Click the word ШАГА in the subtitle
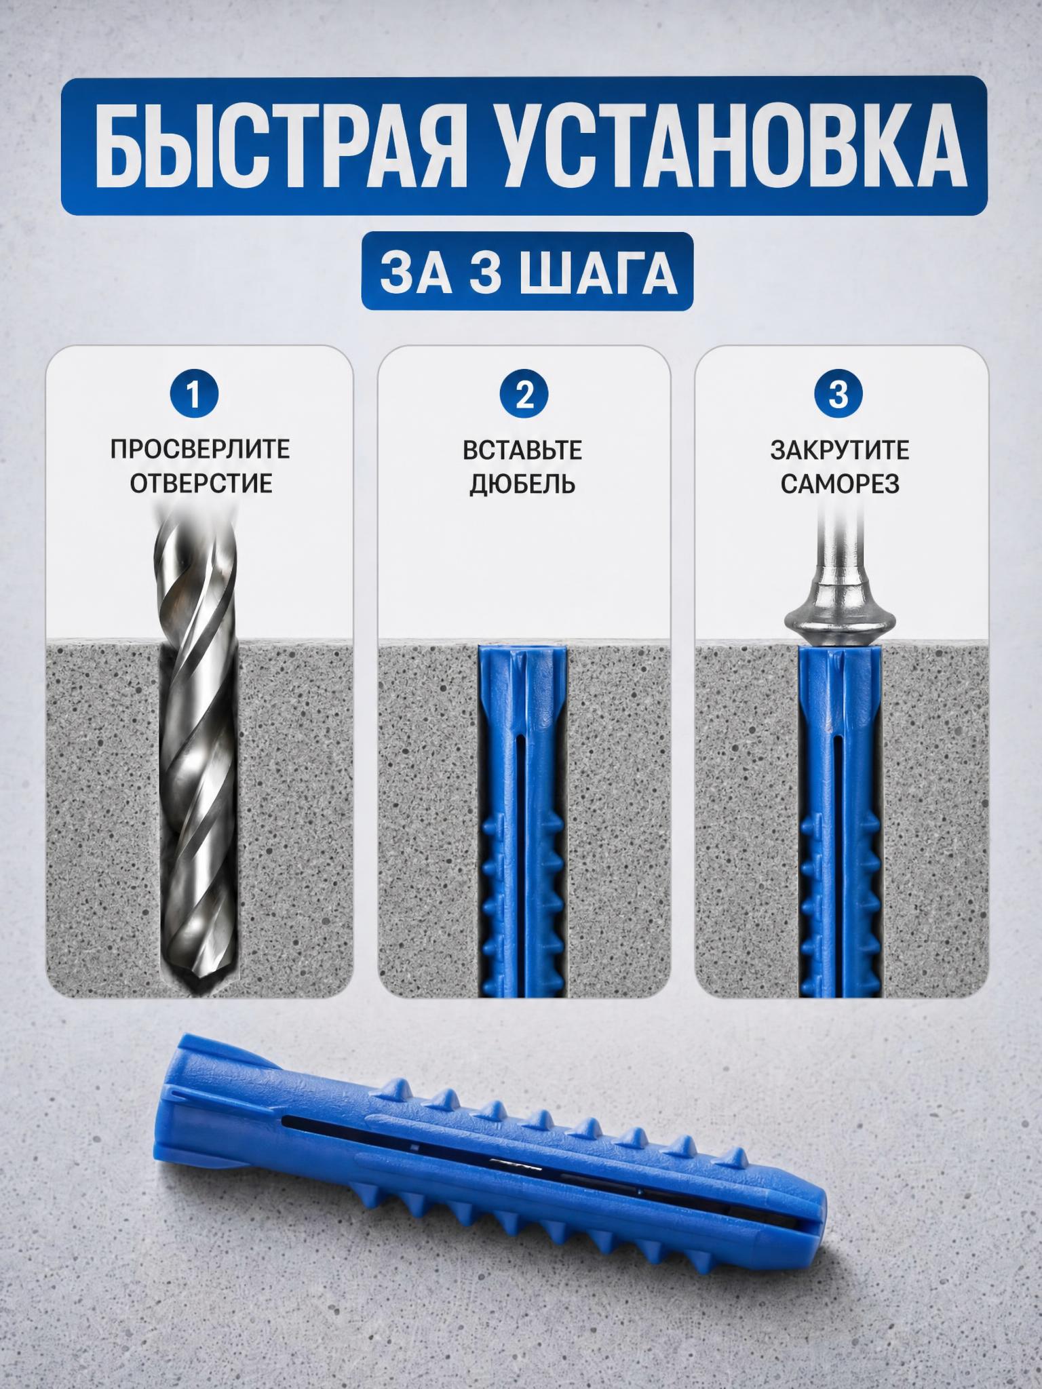pyautogui.click(x=606, y=273)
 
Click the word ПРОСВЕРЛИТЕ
pyautogui.click(x=200, y=450)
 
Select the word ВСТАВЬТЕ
pyautogui.click(x=523, y=450)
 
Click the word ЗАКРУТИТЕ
pyautogui.click(x=840, y=450)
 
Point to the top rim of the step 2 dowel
pyautogui.click(x=520, y=646)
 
